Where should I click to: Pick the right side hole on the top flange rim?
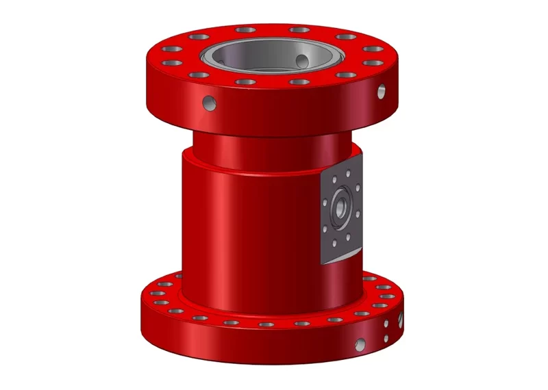click(382, 90)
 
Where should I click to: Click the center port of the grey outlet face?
click(339, 205)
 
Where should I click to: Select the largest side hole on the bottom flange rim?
click(360, 344)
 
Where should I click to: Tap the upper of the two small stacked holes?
click(387, 324)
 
